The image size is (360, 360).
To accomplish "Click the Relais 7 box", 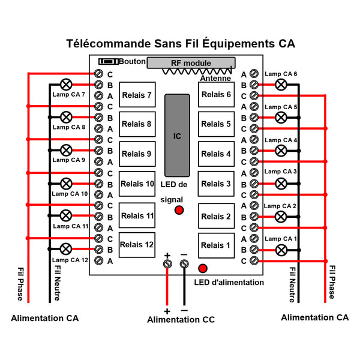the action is point(137,95).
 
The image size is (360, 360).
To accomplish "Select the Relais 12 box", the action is point(137,245).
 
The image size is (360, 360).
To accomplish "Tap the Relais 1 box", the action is point(216,245).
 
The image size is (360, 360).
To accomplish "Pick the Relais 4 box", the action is point(216,154).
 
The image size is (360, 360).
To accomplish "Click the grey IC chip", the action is point(177,136).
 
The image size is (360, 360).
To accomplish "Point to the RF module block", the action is point(191,63).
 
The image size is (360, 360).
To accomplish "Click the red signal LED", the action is point(179,210).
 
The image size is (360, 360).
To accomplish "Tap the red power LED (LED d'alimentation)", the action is point(203,268).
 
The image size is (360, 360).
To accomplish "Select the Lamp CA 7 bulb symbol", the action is point(66,85).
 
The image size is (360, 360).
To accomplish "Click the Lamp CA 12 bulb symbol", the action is point(66,249).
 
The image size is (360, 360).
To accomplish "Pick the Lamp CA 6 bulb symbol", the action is point(281,85).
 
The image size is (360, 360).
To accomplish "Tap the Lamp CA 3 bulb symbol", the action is point(281,184).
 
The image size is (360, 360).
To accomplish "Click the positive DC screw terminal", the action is point(167,264).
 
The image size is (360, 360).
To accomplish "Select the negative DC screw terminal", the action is point(184,264).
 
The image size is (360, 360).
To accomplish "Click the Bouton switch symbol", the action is point(109,62).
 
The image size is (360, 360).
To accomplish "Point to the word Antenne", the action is point(215,78).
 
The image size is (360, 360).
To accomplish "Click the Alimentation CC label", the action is point(181,320).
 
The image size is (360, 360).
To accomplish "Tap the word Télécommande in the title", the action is point(109,43).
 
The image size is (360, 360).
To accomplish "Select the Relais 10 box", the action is point(137,184).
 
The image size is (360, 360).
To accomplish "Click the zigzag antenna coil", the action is point(197,71).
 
